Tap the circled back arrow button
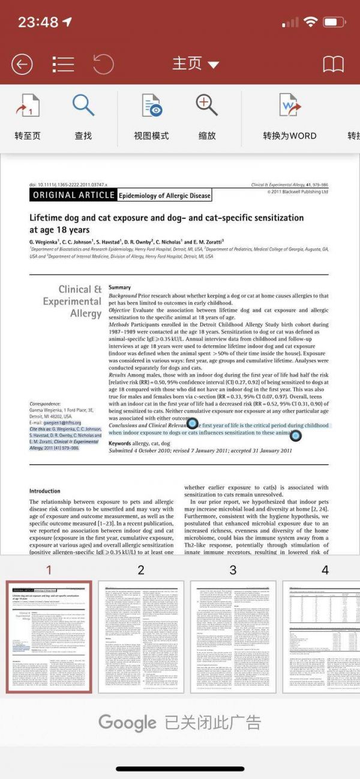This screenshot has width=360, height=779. pos(22,64)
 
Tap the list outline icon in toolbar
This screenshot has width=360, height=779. pos(63,64)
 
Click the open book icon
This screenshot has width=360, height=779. pos(333,64)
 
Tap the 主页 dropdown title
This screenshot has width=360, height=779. pos(196,64)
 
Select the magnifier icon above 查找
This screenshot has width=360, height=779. pos(83,106)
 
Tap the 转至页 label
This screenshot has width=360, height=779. pos(28,136)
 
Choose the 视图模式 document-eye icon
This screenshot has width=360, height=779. pos(152,106)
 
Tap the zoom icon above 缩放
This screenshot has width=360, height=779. pos(207,106)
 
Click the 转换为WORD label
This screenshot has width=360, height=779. pos(289,136)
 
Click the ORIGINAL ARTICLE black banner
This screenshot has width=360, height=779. pos(73,195)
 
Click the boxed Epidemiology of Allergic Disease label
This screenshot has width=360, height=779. pos(164,195)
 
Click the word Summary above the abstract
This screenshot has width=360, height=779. pos(119,288)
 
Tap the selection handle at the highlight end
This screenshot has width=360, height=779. pos(296,435)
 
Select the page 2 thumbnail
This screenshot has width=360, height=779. pos(141,636)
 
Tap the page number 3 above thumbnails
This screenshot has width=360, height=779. pos(233,570)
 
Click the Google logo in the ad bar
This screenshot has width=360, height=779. pos(127,722)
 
